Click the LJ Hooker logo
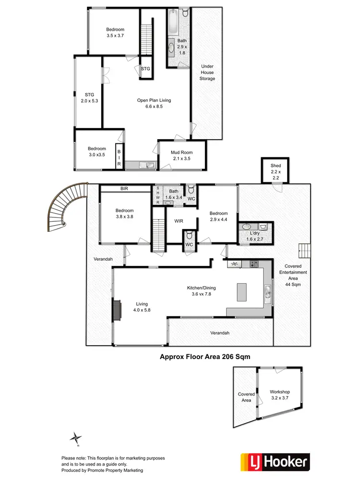coord(275,463)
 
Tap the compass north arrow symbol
coord(75,438)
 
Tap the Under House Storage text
coord(207,72)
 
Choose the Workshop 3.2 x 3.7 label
coord(279,395)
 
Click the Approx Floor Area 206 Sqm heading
coord(205,357)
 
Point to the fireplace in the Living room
coord(117,311)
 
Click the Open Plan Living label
coord(154,104)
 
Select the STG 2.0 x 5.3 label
coord(89,97)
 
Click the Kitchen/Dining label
coord(202,291)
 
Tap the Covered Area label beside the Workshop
coord(246,397)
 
